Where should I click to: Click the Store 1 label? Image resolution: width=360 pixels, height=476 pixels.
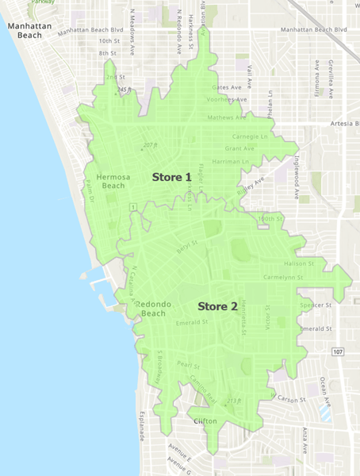172,177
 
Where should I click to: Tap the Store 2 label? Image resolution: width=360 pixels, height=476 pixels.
217,306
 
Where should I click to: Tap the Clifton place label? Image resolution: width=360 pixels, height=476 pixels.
205,421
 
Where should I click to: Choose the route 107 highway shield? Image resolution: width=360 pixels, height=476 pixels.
338,351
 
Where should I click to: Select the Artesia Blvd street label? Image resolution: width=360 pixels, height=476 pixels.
344,124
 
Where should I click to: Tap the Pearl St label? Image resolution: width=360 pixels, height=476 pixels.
189,365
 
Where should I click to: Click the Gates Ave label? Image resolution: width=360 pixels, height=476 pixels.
225,87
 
